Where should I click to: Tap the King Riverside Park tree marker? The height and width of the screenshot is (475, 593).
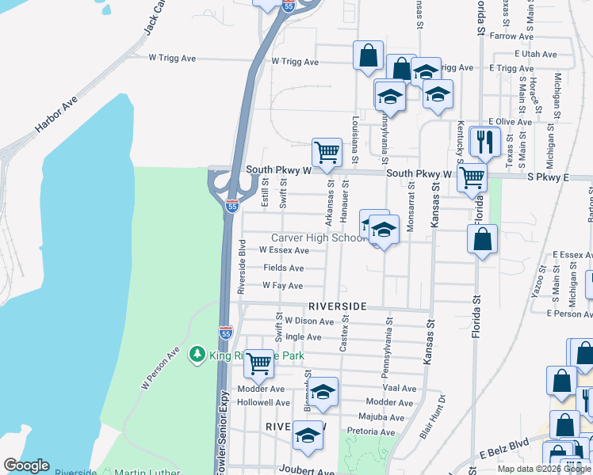(198, 356)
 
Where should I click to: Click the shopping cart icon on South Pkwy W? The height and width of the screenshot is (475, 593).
(327, 153)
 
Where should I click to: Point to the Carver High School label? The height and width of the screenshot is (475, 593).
(317, 237)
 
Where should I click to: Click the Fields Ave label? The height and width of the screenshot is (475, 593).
(283, 268)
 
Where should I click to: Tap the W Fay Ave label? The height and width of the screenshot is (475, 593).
(282, 286)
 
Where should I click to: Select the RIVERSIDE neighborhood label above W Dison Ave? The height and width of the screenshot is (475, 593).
(337, 306)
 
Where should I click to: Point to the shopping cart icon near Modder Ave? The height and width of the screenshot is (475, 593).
(258, 364)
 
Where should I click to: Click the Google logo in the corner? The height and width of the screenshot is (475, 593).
(26, 465)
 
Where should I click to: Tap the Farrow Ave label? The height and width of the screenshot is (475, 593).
(512, 36)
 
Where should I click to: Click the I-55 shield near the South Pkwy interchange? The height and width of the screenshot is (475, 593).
(231, 206)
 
